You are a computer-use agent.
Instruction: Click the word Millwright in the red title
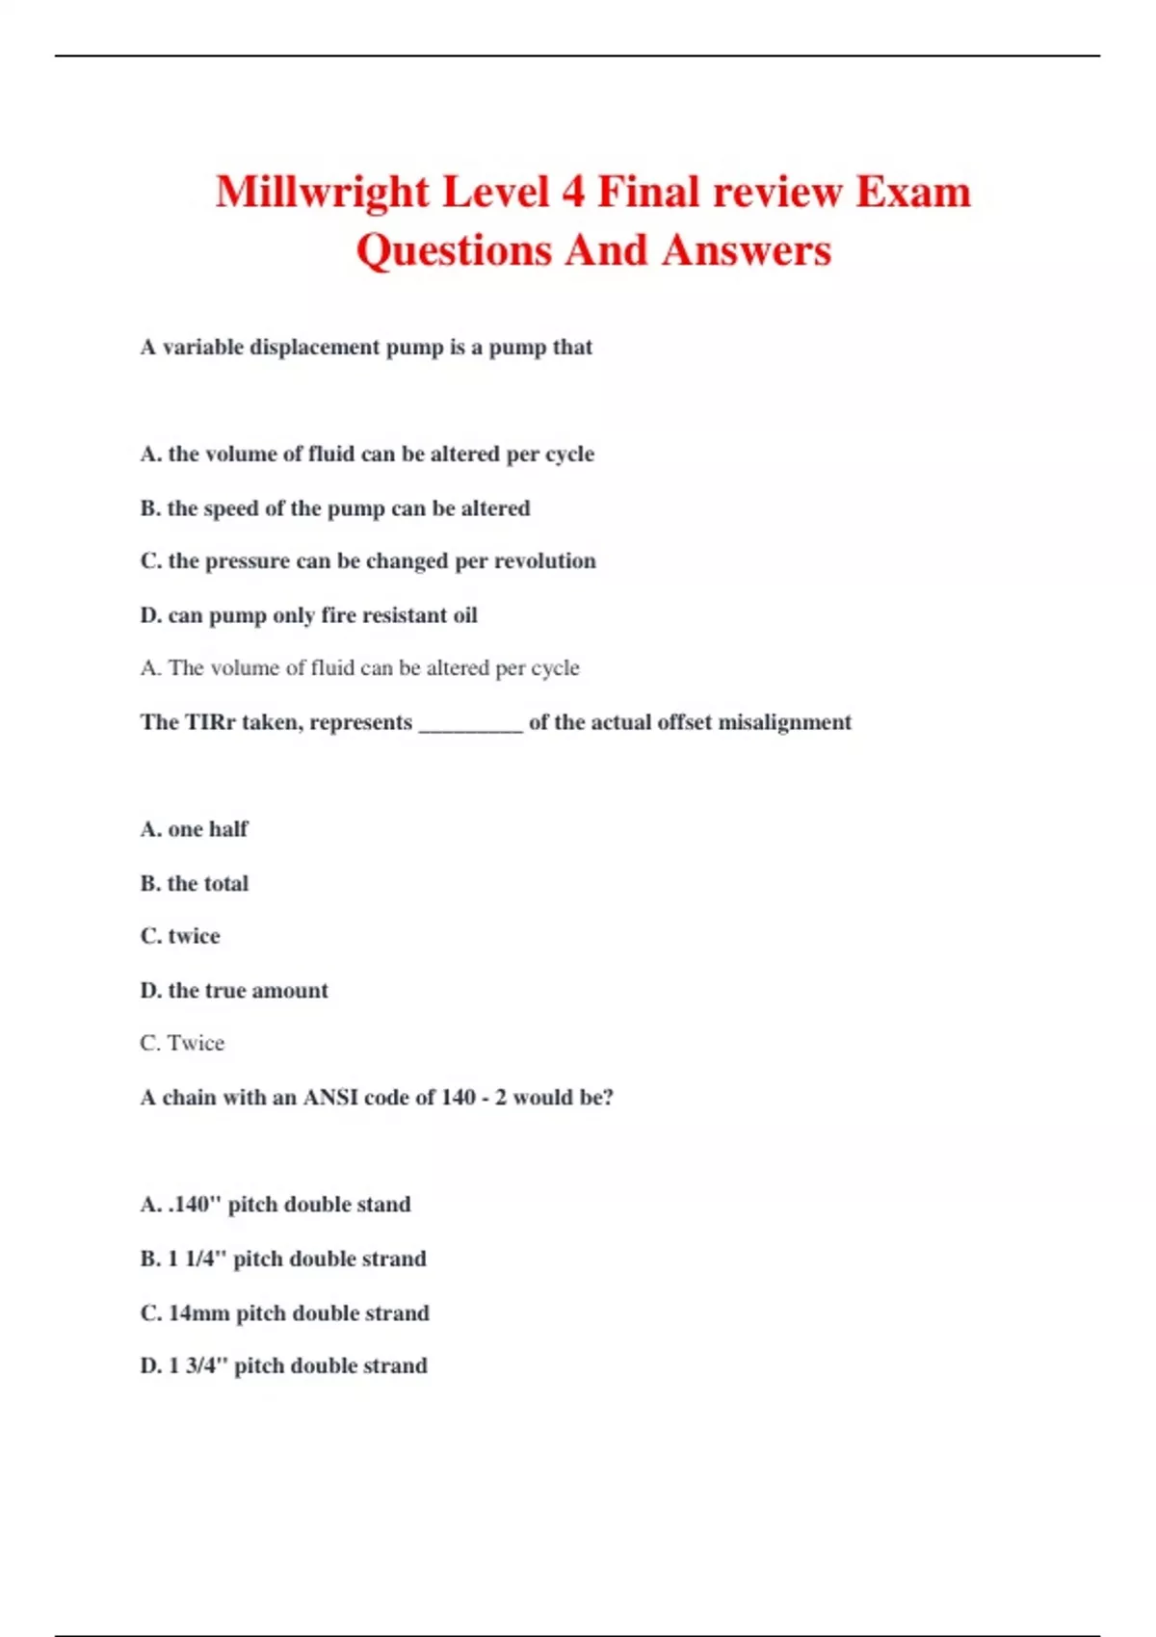(322, 192)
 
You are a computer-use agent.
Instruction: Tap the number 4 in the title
(573, 192)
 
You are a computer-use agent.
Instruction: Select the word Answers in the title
(746, 250)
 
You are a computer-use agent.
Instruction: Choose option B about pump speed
(334, 508)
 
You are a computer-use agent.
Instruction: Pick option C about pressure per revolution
(367, 561)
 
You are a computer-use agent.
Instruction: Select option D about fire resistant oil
(308, 615)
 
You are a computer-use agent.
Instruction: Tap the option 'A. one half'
(194, 829)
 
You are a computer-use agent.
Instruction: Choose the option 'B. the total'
(194, 883)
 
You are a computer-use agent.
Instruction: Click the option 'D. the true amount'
(234, 990)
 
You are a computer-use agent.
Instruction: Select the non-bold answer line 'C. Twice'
(182, 1043)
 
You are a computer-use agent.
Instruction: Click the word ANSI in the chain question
(330, 1098)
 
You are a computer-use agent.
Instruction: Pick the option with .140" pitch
(276, 1205)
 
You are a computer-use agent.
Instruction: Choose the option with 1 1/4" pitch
(283, 1259)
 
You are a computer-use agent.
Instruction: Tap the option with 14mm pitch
(284, 1312)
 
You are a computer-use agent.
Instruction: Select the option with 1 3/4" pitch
(283, 1365)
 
